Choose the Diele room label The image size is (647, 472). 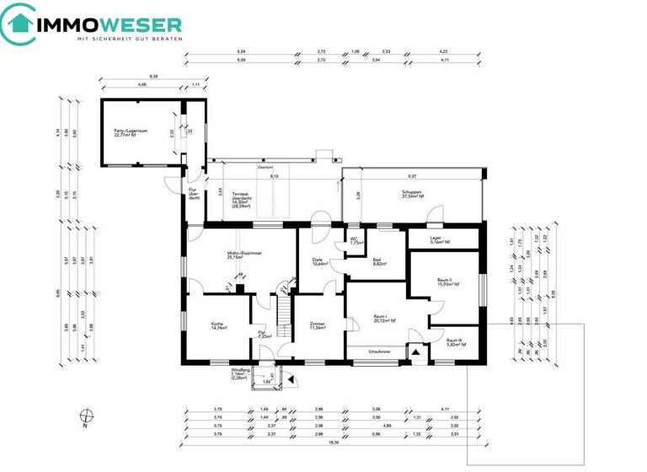pos(318,261)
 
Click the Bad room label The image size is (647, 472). pos(379,262)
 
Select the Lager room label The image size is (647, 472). pos(437,240)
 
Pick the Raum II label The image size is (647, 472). pos(446,282)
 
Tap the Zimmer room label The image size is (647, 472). pos(318,325)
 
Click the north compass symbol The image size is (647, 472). pos(85,416)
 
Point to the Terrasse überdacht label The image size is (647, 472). pos(240,202)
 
